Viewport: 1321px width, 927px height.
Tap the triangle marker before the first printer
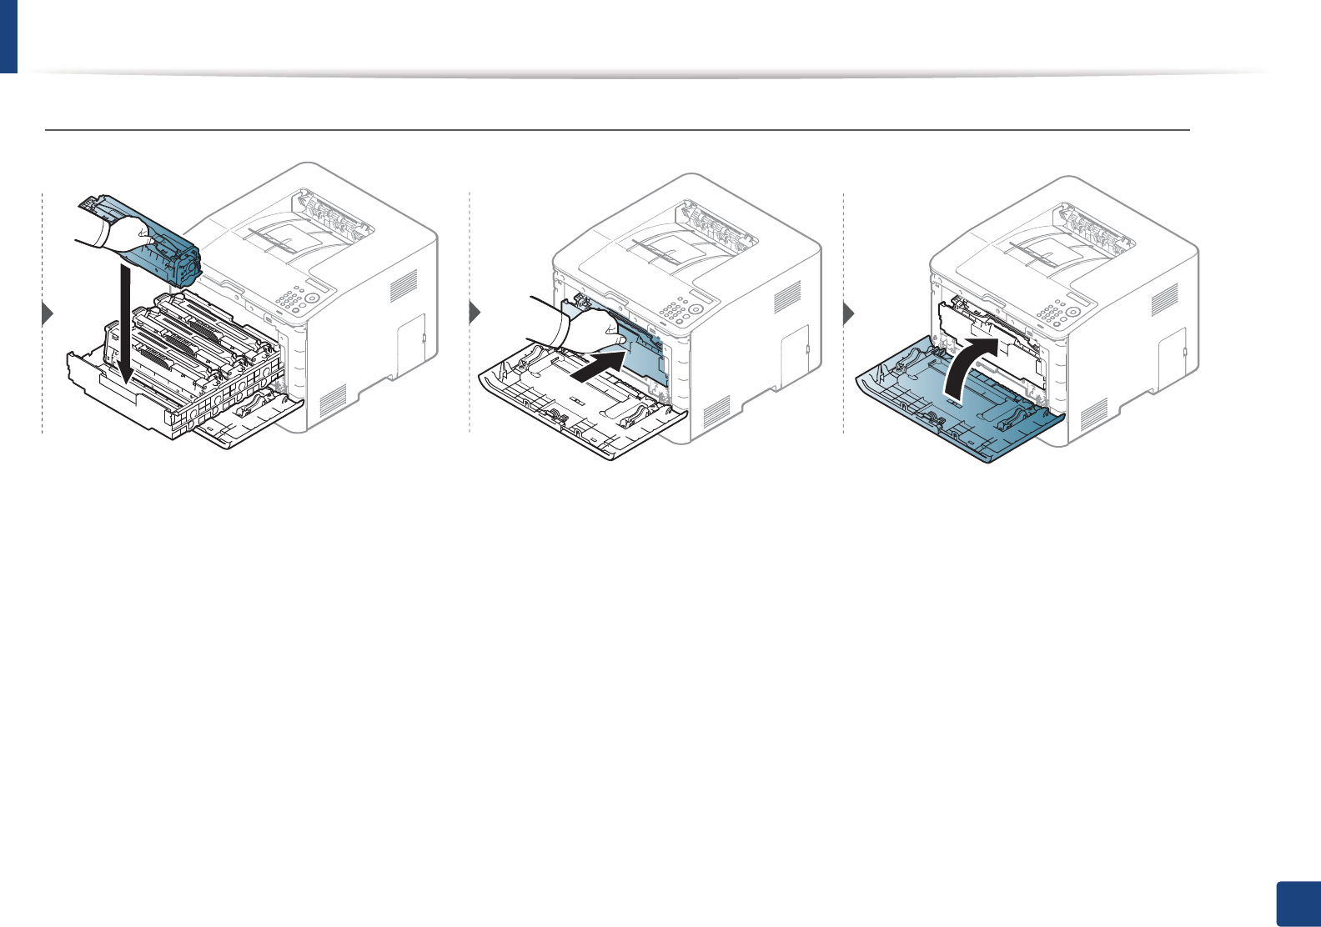click(48, 314)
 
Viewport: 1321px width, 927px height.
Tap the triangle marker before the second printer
click(475, 314)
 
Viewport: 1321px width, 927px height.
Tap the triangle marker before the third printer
click(849, 314)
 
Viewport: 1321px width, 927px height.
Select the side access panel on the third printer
click(1173, 351)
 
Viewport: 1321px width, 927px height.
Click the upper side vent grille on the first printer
click(404, 287)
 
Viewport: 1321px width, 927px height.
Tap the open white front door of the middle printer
click(584, 417)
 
